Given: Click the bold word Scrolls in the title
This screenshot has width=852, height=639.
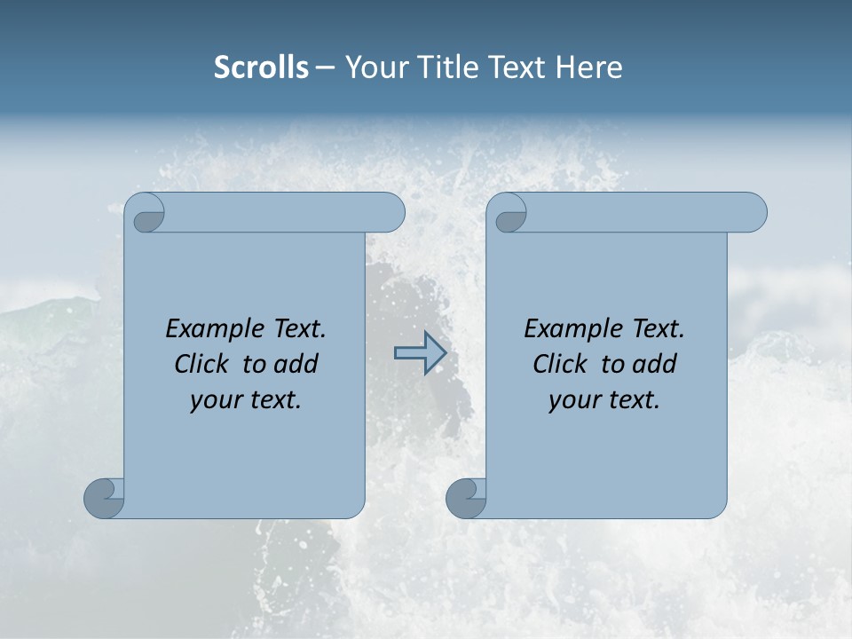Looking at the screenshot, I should tap(261, 67).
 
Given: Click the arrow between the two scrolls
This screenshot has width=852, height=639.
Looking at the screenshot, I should tap(419, 353).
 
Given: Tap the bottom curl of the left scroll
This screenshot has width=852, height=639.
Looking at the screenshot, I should tap(103, 497).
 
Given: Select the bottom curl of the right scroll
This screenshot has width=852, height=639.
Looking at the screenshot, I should tap(465, 497).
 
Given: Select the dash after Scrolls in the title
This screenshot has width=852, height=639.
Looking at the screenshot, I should tap(325, 67).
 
